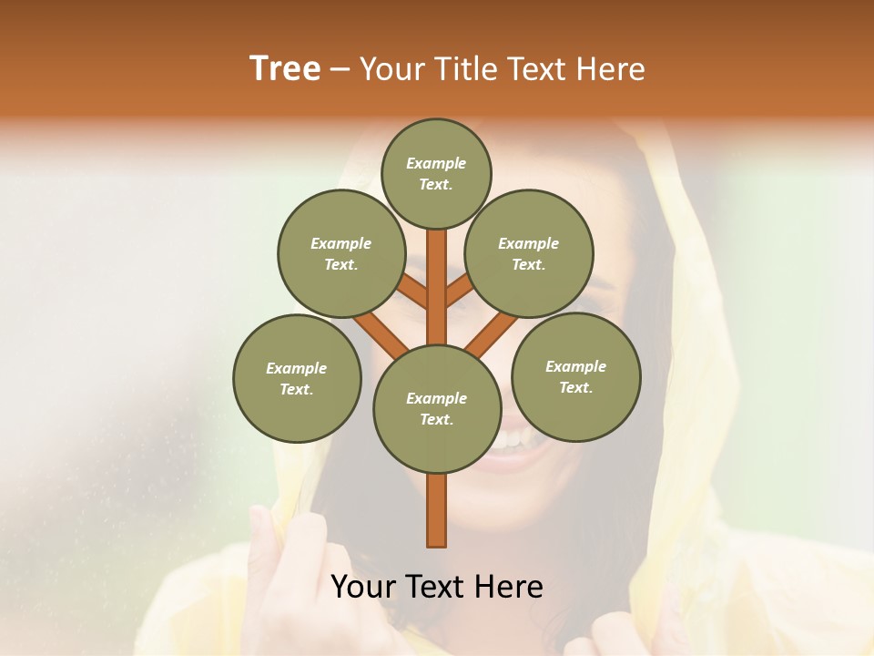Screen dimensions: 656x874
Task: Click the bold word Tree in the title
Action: click(285, 68)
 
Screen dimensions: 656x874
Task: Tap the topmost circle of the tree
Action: click(436, 174)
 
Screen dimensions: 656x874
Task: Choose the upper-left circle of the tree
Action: click(341, 254)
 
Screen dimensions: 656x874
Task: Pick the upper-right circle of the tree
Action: click(529, 254)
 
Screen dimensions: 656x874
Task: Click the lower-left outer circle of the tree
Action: click(297, 378)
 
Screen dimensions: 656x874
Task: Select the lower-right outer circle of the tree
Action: click(575, 376)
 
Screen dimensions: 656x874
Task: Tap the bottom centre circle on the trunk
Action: click(437, 409)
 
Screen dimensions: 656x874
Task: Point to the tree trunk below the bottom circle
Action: click(437, 510)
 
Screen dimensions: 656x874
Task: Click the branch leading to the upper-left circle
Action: click(412, 292)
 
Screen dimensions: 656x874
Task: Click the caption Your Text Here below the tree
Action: click(437, 587)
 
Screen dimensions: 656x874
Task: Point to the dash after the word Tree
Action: click(340, 70)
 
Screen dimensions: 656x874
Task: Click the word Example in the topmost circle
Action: click(436, 164)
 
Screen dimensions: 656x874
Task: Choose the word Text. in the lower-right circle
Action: click(575, 387)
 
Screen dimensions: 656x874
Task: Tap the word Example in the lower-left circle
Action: click(296, 368)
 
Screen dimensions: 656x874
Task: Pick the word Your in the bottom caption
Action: click(363, 587)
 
